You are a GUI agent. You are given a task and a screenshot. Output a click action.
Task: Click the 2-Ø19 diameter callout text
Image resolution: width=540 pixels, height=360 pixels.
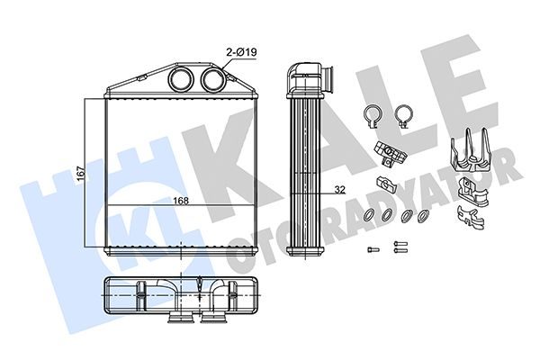tap(241, 52)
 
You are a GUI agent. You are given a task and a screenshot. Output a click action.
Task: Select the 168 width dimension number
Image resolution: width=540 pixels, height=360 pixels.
tap(181, 201)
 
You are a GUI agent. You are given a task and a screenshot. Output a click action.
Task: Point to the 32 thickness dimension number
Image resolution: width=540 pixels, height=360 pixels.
tap(340, 190)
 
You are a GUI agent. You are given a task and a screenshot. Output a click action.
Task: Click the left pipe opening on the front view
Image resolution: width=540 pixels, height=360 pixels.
tap(181, 79)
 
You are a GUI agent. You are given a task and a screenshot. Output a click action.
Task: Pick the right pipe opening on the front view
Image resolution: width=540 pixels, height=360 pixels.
tap(212, 79)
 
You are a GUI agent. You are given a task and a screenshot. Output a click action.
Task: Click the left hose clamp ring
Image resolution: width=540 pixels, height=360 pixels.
tap(373, 116)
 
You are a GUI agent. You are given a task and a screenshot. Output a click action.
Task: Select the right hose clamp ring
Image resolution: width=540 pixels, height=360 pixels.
tap(404, 116)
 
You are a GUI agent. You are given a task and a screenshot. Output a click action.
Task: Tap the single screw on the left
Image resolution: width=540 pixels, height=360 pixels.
tap(373, 248)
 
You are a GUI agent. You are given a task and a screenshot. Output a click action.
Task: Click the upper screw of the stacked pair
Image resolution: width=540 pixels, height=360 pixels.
tap(400, 244)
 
